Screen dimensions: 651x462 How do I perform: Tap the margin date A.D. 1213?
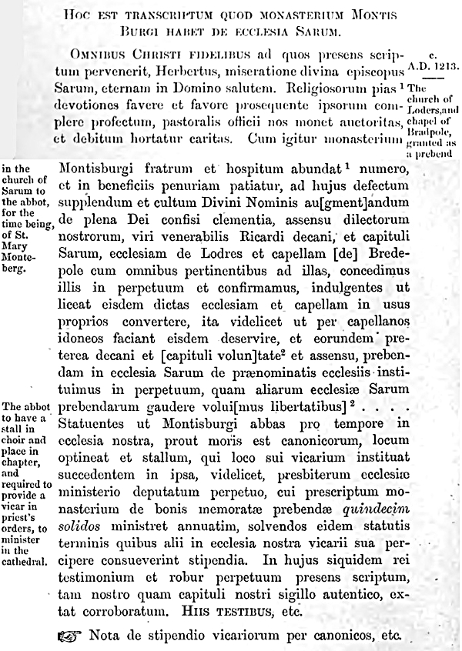click(x=434, y=65)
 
